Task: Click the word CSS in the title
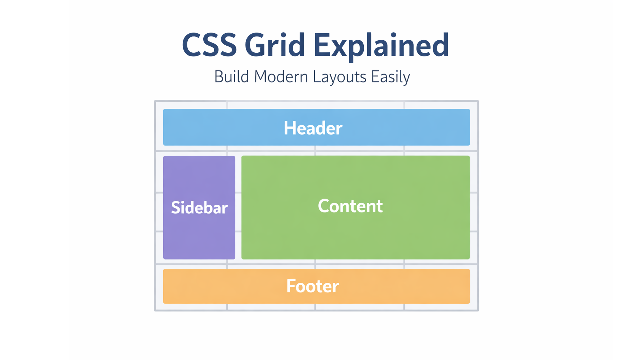[x=209, y=45]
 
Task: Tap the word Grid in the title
[x=274, y=45]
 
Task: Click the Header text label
[x=313, y=128]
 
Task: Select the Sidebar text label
[x=199, y=208]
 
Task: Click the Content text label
[x=350, y=206]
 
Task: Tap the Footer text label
[x=312, y=286]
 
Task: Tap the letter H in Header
[x=289, y=128]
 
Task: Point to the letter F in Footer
[x=291, y=286]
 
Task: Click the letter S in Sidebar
[x=175, y=208]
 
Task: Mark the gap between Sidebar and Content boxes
[x=238, y=207]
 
